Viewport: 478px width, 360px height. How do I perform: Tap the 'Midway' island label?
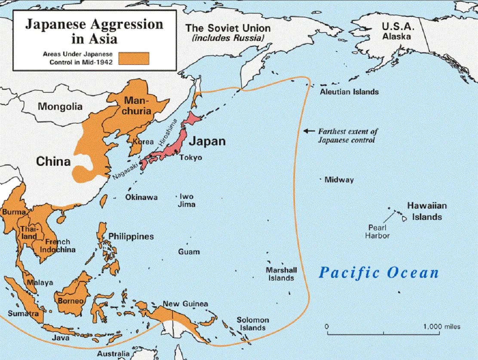coord(339,180)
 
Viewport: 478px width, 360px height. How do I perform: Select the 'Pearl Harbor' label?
coord(377,232)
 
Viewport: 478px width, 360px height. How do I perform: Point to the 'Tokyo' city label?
coord(190,158)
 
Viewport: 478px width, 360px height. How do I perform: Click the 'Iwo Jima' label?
coord(187,200)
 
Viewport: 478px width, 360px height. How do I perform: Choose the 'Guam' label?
coord(189,251)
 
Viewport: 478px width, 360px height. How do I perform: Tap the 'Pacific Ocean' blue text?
coord(379,272)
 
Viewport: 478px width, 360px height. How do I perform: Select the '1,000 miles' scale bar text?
coord(441,326)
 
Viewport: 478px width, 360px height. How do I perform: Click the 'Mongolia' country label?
coord(60,106)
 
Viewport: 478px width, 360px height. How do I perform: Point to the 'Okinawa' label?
coord(141,197)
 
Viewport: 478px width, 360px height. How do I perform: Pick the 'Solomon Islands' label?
coord(253,324)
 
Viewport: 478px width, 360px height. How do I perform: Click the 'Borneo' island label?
coord(70,301)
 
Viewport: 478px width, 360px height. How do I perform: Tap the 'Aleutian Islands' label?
coord(349,92)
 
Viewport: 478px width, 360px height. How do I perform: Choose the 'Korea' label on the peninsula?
coord(143,141)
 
